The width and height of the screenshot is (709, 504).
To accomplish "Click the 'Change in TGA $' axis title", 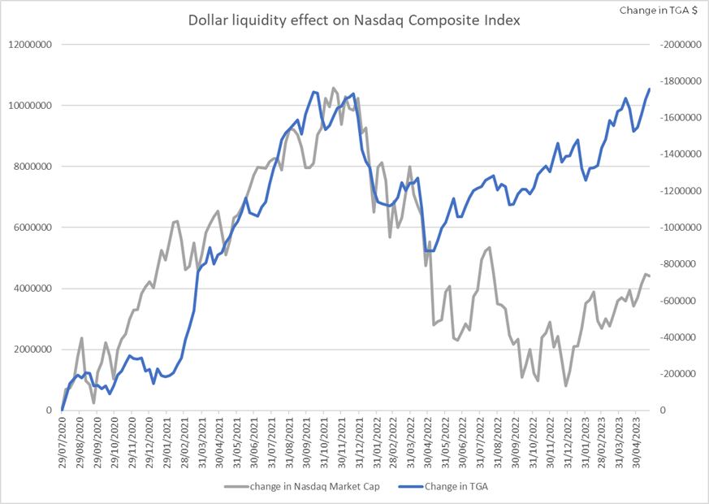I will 659,11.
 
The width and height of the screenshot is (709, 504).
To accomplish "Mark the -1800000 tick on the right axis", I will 681,81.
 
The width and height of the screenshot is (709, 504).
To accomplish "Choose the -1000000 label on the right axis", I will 681,228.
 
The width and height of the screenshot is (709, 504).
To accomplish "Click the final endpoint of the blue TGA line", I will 650,89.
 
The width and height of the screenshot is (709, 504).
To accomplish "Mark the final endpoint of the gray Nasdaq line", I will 650,276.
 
